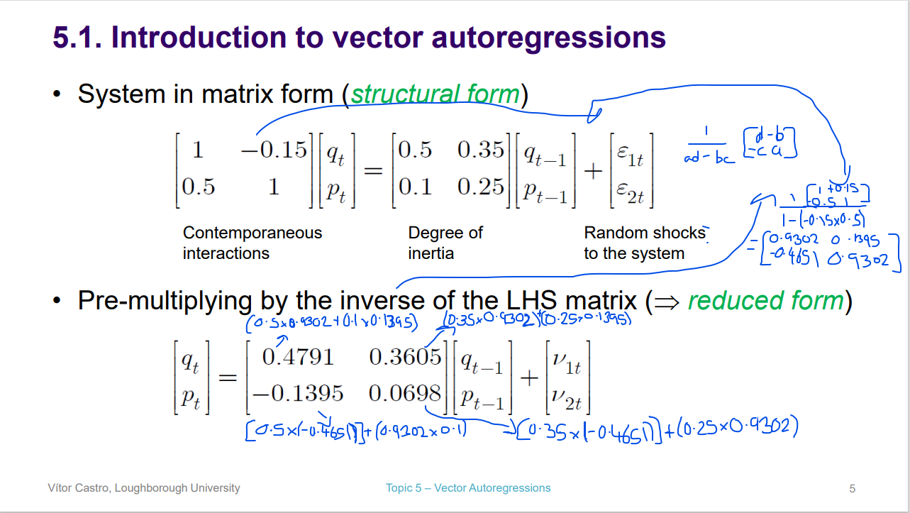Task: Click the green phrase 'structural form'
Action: coord(435,94)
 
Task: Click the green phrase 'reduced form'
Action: coord(766,301)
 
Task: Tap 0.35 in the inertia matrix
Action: coord(480,150)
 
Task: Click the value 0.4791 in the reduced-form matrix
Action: coord(297,356)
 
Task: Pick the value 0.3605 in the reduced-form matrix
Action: coord(406,356)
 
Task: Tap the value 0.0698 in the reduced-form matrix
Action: coord(406,392)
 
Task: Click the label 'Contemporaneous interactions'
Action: coord(252,243)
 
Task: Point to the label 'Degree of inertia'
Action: coord(445,243)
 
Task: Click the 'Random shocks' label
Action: coord(644,233)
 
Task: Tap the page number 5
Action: coord(852,488)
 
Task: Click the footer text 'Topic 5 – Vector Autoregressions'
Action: coord(467,487)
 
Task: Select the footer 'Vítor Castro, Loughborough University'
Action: coord(143,487)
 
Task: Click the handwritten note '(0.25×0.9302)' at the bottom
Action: coord(738,427)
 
